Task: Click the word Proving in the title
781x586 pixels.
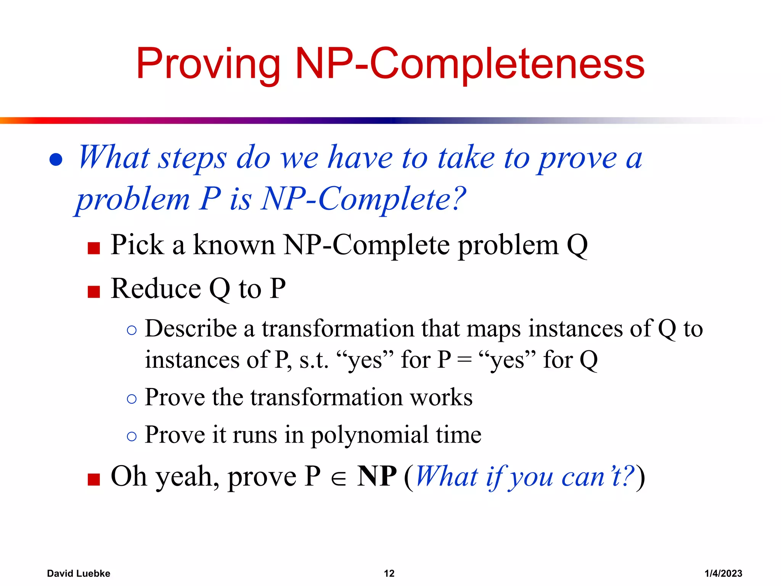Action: (208, 64)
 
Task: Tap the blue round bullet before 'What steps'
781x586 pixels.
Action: (56, 159)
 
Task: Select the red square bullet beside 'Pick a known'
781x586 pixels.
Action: (93, 248)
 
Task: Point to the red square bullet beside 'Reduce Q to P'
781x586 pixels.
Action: (93, 291)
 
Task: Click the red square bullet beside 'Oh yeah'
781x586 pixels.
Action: (93, 479)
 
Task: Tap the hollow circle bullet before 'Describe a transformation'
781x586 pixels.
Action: (132, 330)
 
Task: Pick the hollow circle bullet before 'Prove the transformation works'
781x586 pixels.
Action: (132, 399)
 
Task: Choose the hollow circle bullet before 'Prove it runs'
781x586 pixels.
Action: (132, 436)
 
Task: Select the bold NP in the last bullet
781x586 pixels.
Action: (377, 476)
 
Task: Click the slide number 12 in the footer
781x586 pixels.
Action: (389, 573)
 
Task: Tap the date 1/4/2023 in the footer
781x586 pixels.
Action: (723, 573)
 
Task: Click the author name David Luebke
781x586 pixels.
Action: (79, 573)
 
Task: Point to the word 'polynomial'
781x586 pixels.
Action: (370, 435)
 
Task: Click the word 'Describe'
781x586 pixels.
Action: (191, 329)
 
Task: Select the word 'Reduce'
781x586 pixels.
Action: (156, 288)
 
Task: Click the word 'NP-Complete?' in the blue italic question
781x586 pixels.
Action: (363, 199)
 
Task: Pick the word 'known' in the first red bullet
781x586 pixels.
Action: (234, 245)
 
